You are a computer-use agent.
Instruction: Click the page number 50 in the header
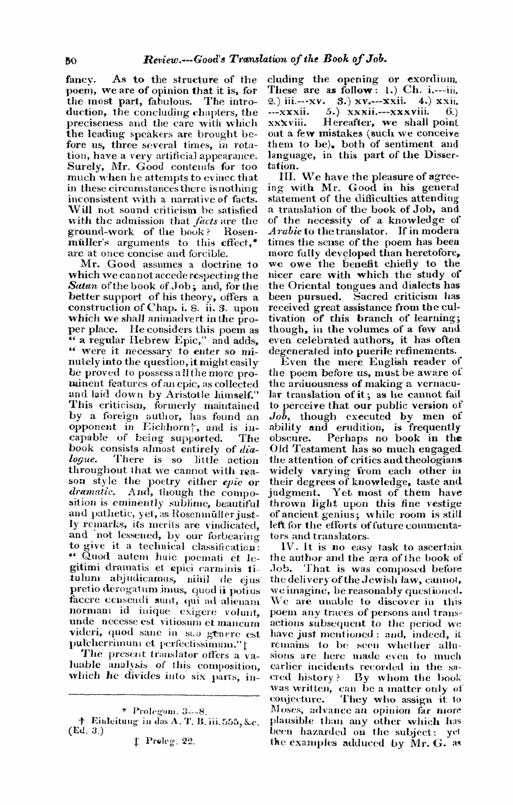[70, 57]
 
